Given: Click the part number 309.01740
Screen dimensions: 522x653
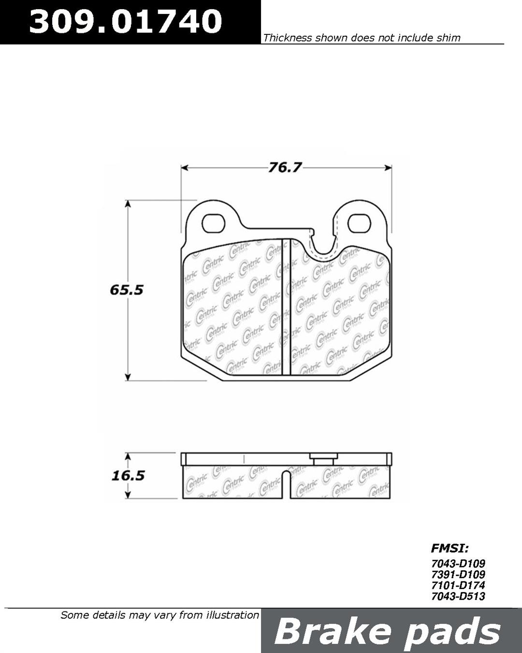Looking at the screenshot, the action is coord(126,21).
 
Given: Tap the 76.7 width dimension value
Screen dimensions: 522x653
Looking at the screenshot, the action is coord(285,168).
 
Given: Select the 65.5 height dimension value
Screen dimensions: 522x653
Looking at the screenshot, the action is coord(127,290).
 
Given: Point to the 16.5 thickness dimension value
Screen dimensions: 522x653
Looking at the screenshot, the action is coord(128,475).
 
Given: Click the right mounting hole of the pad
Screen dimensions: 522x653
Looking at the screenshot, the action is coord(359,224).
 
